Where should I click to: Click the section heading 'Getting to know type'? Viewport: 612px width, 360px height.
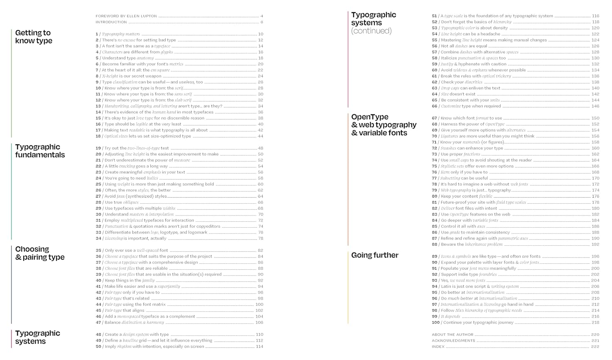coord(33,37)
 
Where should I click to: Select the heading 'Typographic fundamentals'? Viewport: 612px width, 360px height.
coord(40,151)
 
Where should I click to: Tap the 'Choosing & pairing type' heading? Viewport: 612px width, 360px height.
coord(40,253)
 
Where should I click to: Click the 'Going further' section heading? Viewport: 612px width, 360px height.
coord(375,255)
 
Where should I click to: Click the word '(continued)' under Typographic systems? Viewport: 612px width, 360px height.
coord(371,31)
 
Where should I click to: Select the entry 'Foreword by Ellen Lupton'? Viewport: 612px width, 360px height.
coord(126,16)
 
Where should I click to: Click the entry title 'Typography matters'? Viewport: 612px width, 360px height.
coord(121,34)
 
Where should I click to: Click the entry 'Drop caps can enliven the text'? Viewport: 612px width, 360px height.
coord(470,88)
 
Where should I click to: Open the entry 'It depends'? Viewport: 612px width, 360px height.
coord(450,316)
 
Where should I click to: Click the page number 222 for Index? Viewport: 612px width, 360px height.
coord(595,347)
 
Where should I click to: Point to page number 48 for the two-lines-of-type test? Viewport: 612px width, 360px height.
coord(260,148)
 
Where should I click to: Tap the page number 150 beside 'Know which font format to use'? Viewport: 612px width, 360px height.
coord(595,118)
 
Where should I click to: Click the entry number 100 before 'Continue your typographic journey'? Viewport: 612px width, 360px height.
coord(435,322)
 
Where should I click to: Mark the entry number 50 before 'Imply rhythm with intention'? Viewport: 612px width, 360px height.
coord(98,347)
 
